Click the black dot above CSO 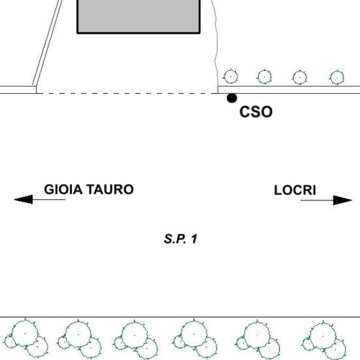click(x=232, y=98)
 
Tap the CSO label click(x=256, y=112)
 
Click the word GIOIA click(x=63, y=190)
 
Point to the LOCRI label click(x=295, y=190)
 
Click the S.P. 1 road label click(x=181, y=239)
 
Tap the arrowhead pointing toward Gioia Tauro click(x=23, y=199)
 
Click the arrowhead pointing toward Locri click(x=343, y=200)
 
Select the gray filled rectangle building click(x=139, y=16)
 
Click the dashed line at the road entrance click(x=127, y=94)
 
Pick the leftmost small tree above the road click(x=230, y=76)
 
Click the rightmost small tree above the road click(x=337, y=77)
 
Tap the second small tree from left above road click(x=264, y=77)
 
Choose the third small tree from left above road click(x=299, y=77)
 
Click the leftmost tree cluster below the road click(x=26, y=338)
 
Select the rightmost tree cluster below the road click(x=324, y=341)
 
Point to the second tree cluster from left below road click(x=79, y=340)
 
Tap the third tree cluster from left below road click(x=136, y=340)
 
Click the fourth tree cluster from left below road click(x=194, y=340)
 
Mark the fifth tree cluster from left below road click(x=257, y=340)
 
